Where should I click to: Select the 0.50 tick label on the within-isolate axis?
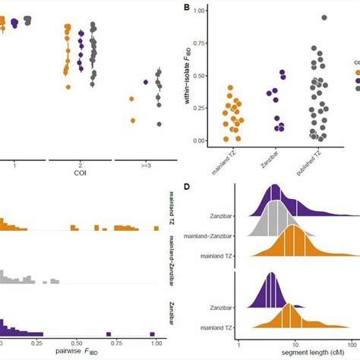tap(200, 75)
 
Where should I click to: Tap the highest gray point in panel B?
tap(325, 17)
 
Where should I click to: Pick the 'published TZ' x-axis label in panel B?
tap(315, 162)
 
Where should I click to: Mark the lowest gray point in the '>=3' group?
tap(159, 124)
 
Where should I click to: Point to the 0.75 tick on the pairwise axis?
tap(112, 341)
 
